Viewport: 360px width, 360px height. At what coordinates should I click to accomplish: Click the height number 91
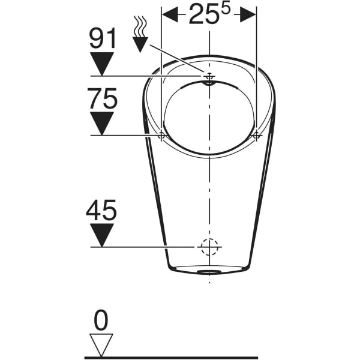coord(102,39)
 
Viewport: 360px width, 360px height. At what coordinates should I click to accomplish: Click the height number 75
coord(102,99)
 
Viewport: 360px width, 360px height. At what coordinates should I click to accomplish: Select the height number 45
coord(101,211)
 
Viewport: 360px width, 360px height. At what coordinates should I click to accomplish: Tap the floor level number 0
coord(101,322)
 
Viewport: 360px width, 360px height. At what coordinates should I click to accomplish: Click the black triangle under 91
coord(102,63)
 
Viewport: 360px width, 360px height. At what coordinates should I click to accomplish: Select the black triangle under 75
coord(102,123)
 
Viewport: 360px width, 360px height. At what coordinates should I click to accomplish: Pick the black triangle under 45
coord(101,235)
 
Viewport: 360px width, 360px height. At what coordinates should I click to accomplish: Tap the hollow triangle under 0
coord(101,344)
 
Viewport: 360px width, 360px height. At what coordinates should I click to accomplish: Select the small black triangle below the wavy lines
coord(140,44)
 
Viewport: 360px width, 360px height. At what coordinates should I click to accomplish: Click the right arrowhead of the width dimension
coord(248,16)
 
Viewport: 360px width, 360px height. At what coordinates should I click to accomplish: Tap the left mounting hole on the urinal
coord(161,136)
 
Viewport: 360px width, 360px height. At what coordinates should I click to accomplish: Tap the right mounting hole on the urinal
coord(256,136)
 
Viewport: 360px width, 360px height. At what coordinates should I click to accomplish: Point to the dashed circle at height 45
coord(209,247)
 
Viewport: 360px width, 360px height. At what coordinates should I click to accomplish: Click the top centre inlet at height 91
coord(209,77)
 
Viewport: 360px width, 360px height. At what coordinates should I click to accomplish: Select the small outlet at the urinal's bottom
coord(209,271)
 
